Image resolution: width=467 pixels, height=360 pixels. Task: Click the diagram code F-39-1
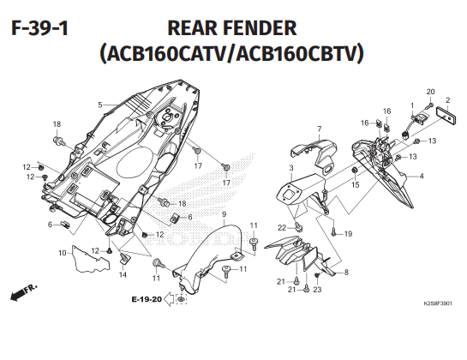coord(40,28)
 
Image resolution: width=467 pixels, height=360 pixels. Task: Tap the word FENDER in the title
coord(259,28)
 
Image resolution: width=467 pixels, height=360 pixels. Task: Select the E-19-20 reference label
coord(147,299)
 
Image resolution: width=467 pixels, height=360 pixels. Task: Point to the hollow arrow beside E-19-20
coord(169,299)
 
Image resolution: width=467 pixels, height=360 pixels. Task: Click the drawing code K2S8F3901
coord(438,303)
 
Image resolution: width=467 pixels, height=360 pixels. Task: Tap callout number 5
coord(100,105)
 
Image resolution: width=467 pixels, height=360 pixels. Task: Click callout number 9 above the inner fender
coord(224,214)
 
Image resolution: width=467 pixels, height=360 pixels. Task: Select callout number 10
coord(63,253)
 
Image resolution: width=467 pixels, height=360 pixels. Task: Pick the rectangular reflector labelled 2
coord(446,116)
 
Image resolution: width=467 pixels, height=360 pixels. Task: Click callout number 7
coord(320,129)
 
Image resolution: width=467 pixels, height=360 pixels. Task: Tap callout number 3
coord(291,168)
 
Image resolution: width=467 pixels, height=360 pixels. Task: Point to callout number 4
coord(421,176)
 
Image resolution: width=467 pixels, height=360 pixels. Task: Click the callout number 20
coord(431,92)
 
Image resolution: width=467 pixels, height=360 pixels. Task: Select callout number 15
coord(356,185)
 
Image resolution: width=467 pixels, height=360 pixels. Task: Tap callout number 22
coord(282,228)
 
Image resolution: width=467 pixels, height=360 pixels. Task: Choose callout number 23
coord(318,290)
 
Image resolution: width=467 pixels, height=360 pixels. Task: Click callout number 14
coord(123,274)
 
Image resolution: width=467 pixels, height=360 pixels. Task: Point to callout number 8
coord(346,272)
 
